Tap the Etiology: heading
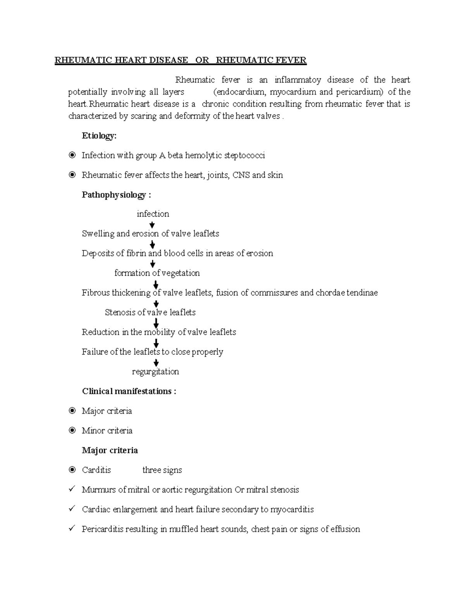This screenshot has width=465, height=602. [x=99, y=136]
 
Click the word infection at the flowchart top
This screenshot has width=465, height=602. [x=153, y=214]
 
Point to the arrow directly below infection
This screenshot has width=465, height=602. [x=152, y=225]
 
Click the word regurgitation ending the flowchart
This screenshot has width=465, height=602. [x=155, y=372]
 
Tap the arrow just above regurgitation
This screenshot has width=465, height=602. [x=156, y=363]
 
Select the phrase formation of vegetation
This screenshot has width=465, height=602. [x=157, y=273]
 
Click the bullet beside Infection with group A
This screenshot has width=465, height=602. [x=72, y=155]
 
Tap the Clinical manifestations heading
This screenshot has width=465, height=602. [x=129, y=392]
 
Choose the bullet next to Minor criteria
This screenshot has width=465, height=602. [x=72, y=431]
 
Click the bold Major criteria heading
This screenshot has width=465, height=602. [x=110, y=450]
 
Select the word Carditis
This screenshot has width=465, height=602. [x=96, y=470]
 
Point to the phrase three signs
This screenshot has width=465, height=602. [x=162, y=470]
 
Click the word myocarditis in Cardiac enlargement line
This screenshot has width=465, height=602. [x=292, y=509]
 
